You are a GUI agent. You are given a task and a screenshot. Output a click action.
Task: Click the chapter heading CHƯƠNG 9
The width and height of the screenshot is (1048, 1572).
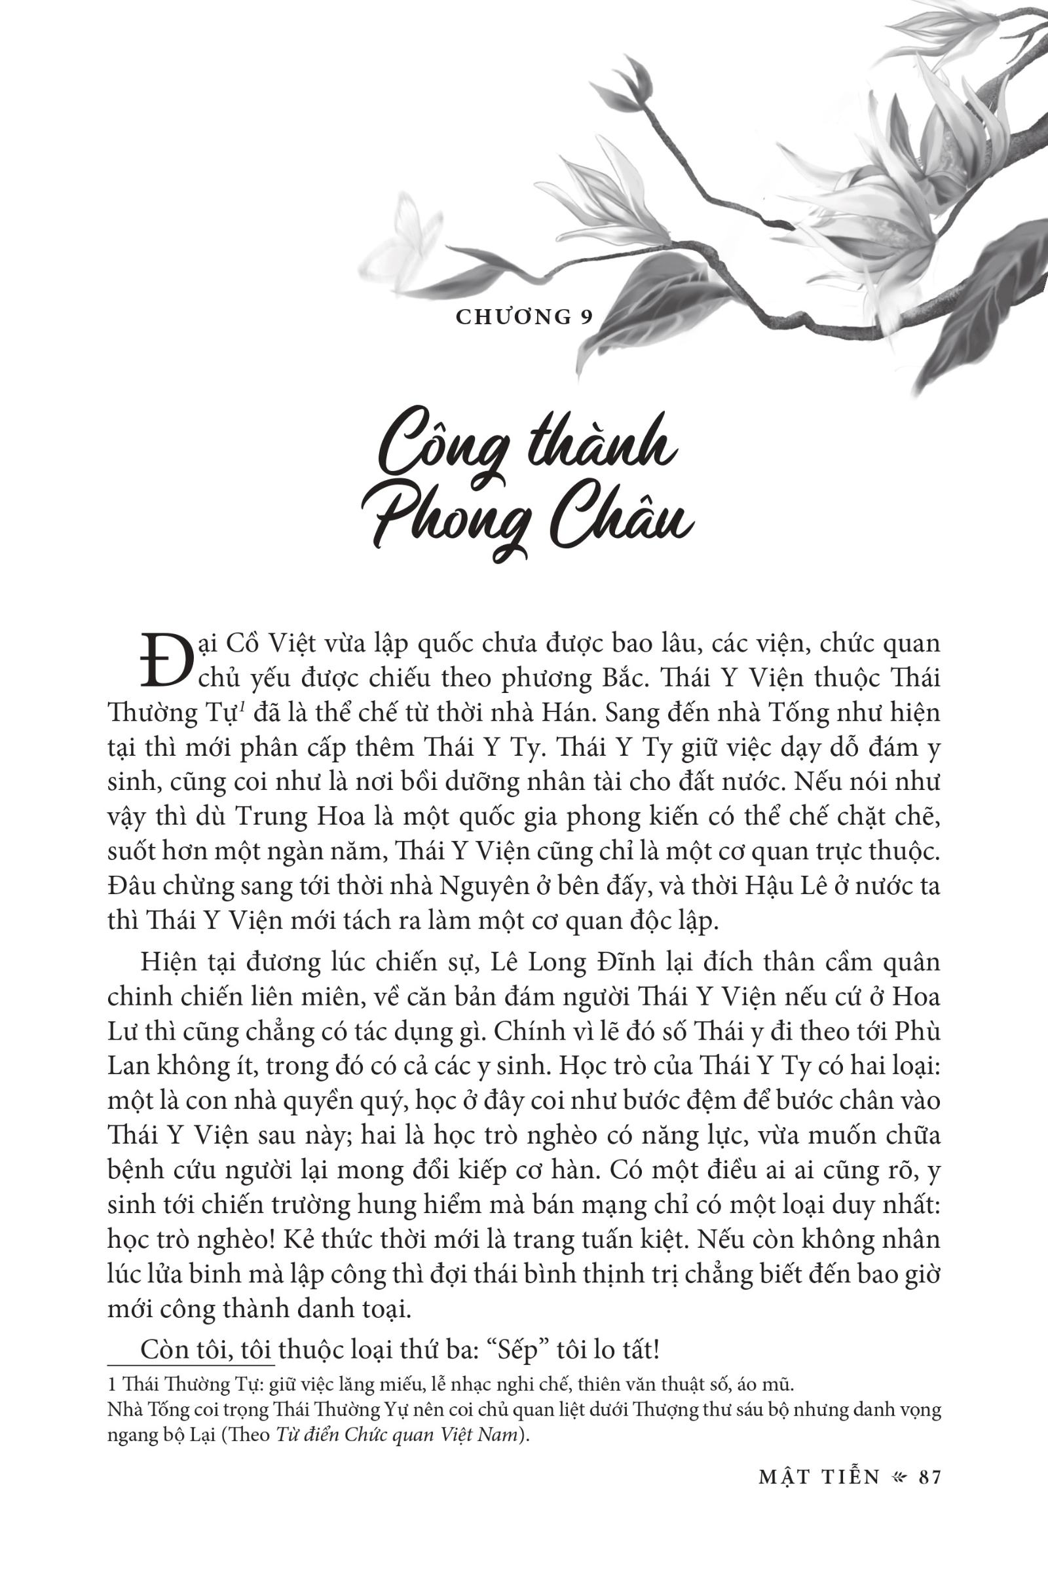pyautogui.click(x=524, y=317)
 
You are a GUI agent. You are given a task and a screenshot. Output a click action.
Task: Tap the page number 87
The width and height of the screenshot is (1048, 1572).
pyautogui.click(x=929, y=1476)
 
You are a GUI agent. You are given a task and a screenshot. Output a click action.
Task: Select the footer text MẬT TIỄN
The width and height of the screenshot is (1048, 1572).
pyautogui.click(x=819, y=1476)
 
